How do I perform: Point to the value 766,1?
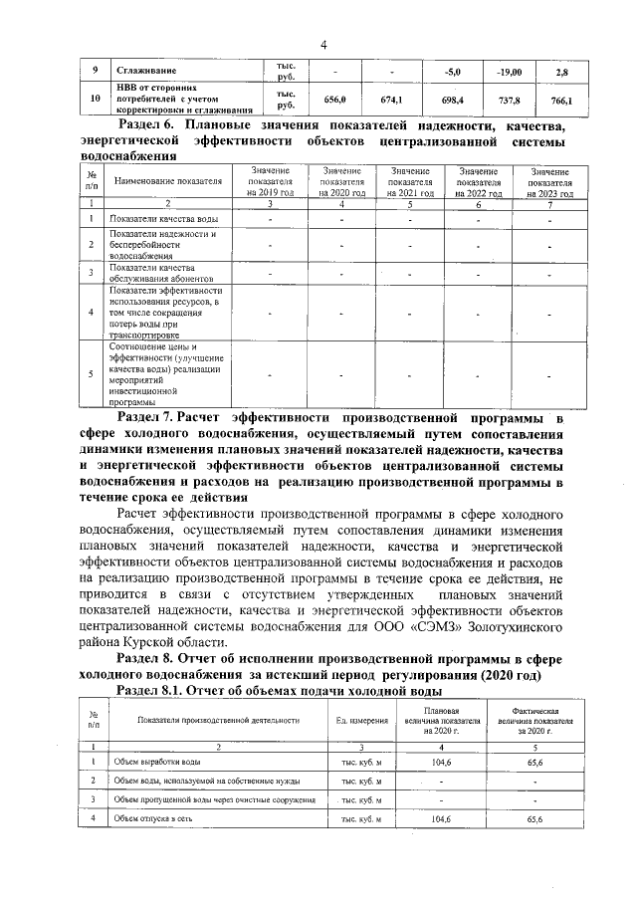click(561, 101)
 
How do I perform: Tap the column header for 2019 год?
click(271, 183)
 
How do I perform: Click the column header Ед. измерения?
click(361, 720)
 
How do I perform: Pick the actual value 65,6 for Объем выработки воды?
click(533, 762)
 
